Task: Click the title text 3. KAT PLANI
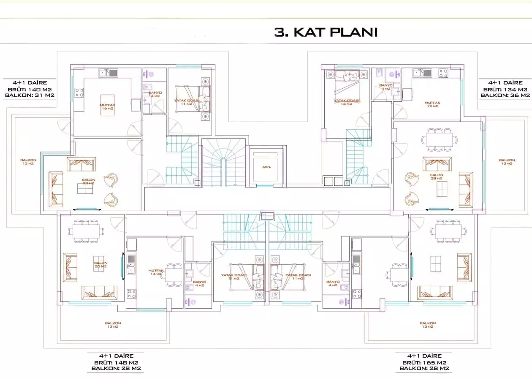tap(326, 32)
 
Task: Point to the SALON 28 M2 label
tap(437, 176)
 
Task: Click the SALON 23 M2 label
tap(89, 182)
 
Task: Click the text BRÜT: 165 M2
tap(424, 362)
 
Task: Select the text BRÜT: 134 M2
tap(505, 89)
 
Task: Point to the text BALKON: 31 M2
tap(30, 95)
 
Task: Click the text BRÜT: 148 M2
tap(116, 362)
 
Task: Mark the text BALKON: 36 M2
tap(505, 95)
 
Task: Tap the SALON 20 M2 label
tap(100, 264)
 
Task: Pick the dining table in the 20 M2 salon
tap(87, 231)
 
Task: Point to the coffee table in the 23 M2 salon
tap(85, 190)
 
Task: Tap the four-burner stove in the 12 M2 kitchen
tap(443, 73)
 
